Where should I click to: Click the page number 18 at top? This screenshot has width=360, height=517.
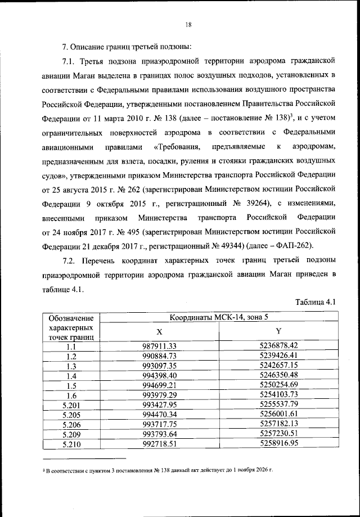click(x=188, y=24)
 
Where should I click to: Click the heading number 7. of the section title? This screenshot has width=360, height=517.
click(x=65, y=46)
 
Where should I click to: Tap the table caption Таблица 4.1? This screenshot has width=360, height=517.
click(x=316, y=303)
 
